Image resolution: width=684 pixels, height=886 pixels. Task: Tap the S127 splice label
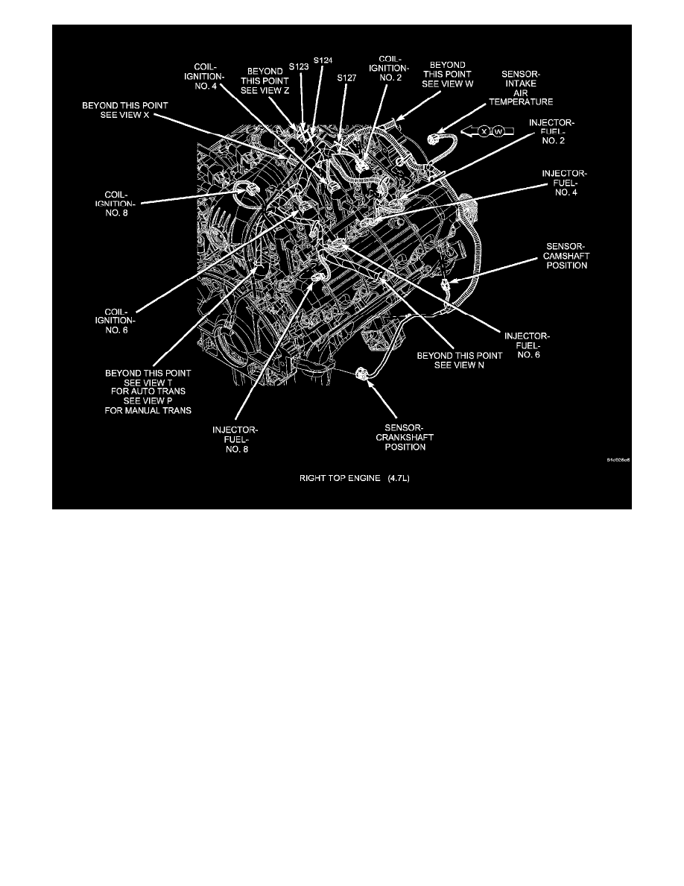coord(346,77)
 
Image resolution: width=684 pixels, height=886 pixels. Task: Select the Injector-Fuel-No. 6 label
coord(528,345)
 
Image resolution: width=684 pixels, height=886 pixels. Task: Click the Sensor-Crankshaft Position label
coord(400,437)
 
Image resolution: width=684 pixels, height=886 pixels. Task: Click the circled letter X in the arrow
coord(484,132)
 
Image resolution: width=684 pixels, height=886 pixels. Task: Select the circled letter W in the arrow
coord(498,132)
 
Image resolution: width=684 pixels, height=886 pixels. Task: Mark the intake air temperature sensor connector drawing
coord(435,139)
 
